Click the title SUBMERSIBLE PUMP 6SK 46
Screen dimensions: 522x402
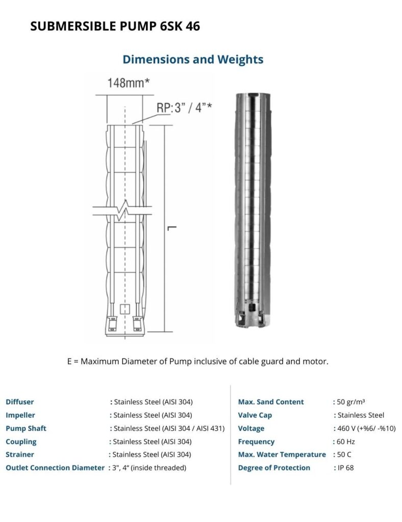coord(115,27)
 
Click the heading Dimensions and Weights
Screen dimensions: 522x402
coord(193,59)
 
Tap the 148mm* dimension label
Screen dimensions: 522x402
coord(128,83)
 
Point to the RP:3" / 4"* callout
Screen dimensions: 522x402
coord(184,108)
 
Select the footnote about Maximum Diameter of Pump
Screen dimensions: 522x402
coord(198,361)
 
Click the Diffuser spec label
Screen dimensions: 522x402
coord(20,402)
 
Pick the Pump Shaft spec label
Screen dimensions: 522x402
coord(26,428)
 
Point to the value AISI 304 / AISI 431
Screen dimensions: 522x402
coord(169,428)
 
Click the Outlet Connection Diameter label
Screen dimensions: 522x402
coord(55,467)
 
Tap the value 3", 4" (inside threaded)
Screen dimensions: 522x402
coord(149,467)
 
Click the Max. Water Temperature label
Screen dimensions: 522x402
coord(282,454)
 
